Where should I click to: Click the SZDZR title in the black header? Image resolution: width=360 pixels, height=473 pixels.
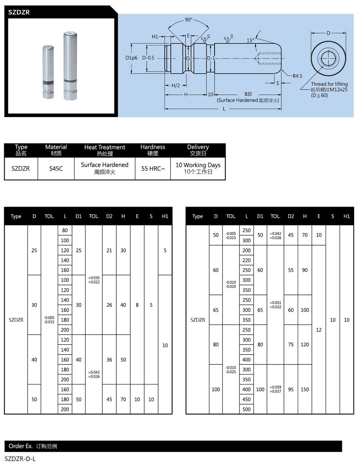coord(19,12)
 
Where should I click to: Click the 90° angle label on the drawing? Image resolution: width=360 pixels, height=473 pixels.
coord(189,20)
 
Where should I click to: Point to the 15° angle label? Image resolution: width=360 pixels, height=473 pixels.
coord(250,41)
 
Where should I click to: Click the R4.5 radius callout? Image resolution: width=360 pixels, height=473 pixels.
coord(297,76)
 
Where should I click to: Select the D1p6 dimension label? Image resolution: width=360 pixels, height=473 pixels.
coord(131,58)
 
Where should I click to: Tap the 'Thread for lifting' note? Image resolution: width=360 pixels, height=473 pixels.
coord(329,84)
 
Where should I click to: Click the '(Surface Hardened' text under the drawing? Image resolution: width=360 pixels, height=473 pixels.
coord(238,100)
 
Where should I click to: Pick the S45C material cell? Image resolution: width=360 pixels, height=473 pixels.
coord(56,168)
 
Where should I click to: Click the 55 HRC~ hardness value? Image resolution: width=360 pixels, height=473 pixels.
coord(153,168)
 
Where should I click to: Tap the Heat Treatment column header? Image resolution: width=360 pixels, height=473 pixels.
coord(105,147)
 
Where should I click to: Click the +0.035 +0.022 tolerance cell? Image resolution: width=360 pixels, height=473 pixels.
coord(94,280)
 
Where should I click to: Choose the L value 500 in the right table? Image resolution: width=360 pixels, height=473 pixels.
coord(247,409)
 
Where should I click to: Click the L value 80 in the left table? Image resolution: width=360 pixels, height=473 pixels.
coord(65,230)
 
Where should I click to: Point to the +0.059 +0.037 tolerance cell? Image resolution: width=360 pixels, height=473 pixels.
coord(275,389)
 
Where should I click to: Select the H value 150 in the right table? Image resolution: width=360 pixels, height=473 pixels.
coord(305,389)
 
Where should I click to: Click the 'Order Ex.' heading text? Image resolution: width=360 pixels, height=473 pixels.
coord(21,446)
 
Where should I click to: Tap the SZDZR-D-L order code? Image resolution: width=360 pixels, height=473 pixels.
coord(20,459)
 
